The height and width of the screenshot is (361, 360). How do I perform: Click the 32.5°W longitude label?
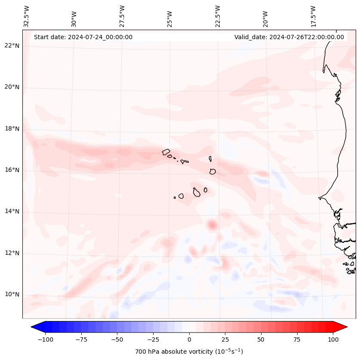pyautogui.click(x=27, y=16)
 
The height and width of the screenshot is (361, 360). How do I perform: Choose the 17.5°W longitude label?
pyautogui.click(x=313, y=16)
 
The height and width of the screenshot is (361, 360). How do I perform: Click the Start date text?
pyautogui.click(x=83, y=37)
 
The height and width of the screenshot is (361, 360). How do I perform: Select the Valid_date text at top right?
pyautogui.click(x=289, y=37)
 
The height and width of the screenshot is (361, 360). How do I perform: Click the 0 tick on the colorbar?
pyautogui.click(x=189, y=339)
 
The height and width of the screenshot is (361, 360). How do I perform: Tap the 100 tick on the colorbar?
pyautogui.click(x=333, y=339)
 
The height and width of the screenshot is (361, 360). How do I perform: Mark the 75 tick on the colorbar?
pyautogui.click(x=297, y=339)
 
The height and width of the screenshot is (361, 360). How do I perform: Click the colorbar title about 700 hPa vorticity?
pyautogui.click(x=189, y=352)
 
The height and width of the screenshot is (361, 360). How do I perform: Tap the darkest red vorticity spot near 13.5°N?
pyautogui.click(x=212, y=225)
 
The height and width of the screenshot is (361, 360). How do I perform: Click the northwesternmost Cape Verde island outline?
pyautogui.click(x=166, y=152)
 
